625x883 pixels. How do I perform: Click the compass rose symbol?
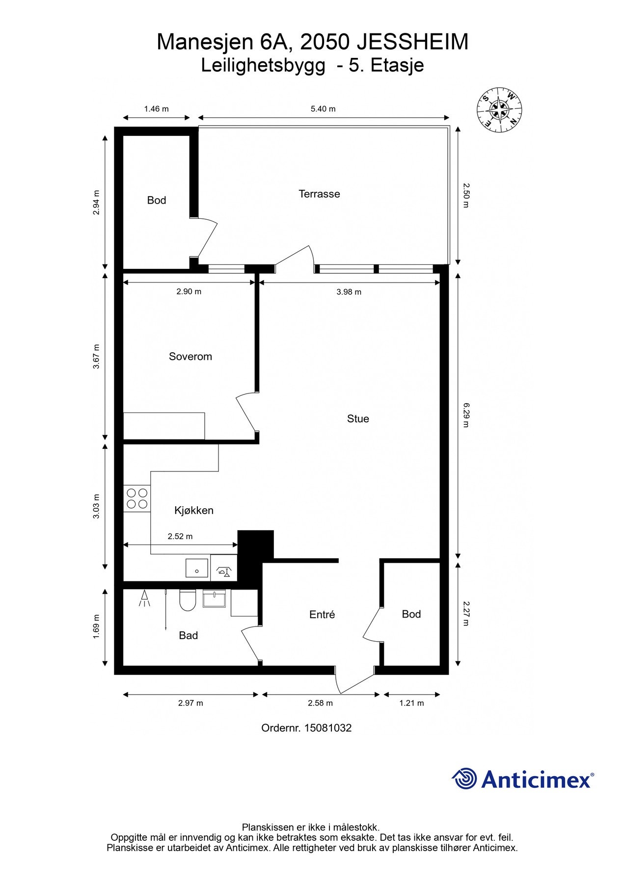pyautogui.click(x=499, y=109)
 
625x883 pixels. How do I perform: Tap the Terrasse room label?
pyautogui.click(x=319, y=194)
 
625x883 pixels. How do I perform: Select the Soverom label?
pyautogui.click(x=190, y=357)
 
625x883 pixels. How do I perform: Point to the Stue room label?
pyautogui.click(x=358, y=418)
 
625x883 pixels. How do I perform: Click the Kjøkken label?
pyautogui.click(x=194, y=510)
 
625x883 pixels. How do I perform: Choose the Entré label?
pyautogui.click(x=322, y=614)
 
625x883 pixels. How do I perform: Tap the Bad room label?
pyautogui.click(x=189, y=635)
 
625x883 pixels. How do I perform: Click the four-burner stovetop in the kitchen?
pyautogui.click(x=137, y=498)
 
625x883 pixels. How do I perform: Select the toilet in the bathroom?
pyautogui.click(x=188, y=599)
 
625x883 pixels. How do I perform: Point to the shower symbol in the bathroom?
pyautogui.click(x=144, y=598)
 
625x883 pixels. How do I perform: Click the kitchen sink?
pyautogui.click(x=197, y=569)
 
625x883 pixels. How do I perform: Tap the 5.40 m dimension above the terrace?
pyautogui.click(x=323, y=109)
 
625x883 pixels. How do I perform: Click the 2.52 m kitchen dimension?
pyautogui.click(x=180, y=536)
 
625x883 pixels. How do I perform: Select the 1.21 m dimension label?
pyautogui.click(x=411, y=703)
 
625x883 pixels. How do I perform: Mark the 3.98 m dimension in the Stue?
pyautogui.click(x=349, y=292)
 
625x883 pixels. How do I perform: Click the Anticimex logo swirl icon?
pyautogui.click(x=464, y=779)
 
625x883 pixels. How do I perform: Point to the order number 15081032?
pyautogui.click(x=328, y=728)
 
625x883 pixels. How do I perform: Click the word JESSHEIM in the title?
pyautogui.click(x=412, y=42)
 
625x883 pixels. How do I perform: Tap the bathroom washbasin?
pyautogui.click(x=214, y=598)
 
